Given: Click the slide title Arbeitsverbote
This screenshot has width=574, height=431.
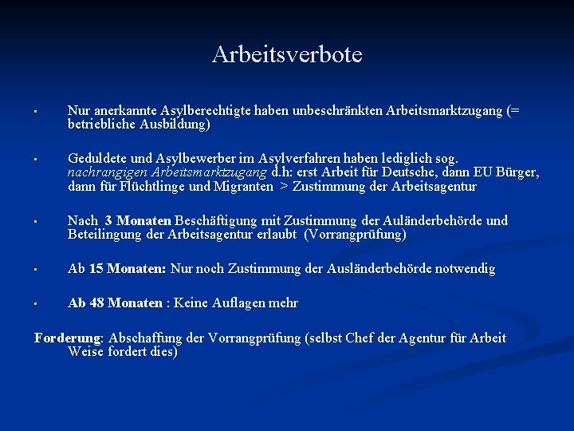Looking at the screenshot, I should click(287, 54).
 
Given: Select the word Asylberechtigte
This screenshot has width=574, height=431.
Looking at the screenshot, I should click(203, 111).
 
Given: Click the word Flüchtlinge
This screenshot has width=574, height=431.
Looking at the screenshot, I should click(154, 187).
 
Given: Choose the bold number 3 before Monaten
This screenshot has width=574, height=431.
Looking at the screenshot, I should click(108, 220).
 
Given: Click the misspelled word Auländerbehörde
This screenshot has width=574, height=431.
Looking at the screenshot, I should click(431, 220).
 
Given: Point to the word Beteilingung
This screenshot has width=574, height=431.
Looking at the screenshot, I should click(104, 235).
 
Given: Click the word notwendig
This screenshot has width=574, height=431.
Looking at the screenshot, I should click(466, 269).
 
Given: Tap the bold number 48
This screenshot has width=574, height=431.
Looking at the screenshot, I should click(96, 302).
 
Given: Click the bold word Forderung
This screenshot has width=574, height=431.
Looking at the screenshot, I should click(67, 338).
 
